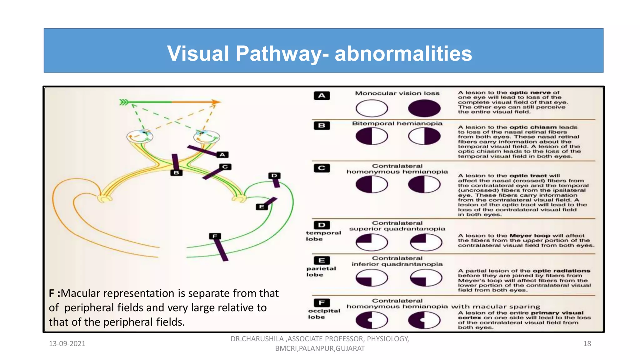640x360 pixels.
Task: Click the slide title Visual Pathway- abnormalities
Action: (319, 53)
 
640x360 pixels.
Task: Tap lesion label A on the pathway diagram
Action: (222, 155)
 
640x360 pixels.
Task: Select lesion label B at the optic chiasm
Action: (176, 172)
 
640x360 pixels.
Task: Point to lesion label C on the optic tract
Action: (225, 167)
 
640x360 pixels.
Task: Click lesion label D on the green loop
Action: (274, 176)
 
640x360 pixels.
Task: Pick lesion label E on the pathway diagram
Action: (262, 207)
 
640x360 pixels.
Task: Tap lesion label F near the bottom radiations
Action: (215, 236)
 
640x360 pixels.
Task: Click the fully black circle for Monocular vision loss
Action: (424, 108)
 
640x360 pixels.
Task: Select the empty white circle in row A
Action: (372, 108)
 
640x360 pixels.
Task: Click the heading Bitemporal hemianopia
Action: (397, 123)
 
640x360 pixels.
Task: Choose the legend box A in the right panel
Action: (322, 96)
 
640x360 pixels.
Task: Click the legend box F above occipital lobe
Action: (322, 302)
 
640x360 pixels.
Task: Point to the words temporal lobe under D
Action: (323, 236)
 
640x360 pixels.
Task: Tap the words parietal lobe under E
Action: (321, 272)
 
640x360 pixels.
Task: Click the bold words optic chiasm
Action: (533, 127)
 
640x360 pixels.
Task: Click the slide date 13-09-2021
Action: (67, 344)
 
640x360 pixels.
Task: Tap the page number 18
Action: (587, 344)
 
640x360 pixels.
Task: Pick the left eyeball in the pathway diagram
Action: (140, 137)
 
